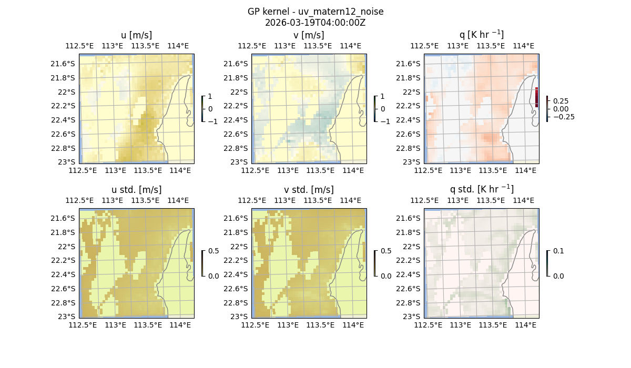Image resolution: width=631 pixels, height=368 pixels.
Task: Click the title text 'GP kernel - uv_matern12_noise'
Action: pyautogui.click(x=315, y=12)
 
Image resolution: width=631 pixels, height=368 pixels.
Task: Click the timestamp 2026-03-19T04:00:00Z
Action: pyautogui.click(x=315, y=23)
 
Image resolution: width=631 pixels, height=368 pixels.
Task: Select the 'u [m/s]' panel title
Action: pyautogui.click(x=136, y=35)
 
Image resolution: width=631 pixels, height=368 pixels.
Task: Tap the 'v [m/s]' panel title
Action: pyautogui.click(x=309, y=35)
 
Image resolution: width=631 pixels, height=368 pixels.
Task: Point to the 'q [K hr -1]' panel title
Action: pyautogui.click(x=481, y=35)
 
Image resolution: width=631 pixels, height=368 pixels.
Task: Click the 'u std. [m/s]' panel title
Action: pyautogui.click(x=136, y=190)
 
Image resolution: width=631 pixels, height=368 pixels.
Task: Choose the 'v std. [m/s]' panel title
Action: pyautogui.click(x=309, y=190)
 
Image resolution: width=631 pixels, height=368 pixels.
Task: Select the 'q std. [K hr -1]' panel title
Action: pyautogui.click(x=481, y=189)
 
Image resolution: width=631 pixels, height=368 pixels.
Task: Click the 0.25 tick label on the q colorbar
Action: pyautogui.click(x=561, y=101)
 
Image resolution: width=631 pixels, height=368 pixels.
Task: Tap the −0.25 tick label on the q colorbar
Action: pyautogui.click(x=563, y=117)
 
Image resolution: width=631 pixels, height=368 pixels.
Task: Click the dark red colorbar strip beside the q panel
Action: pyautogui.click(x=536, y=97)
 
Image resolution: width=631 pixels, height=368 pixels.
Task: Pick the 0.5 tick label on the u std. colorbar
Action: pyautogui.click(x=213, y=251)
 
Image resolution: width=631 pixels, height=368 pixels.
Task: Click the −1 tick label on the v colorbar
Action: pyautogui.click(x=385, y=121)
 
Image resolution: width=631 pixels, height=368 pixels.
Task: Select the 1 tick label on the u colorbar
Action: pyautogui.click(x=210, y=97)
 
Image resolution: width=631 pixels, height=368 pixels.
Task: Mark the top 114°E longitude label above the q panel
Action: pyautogui.click(x=523, y=46)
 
